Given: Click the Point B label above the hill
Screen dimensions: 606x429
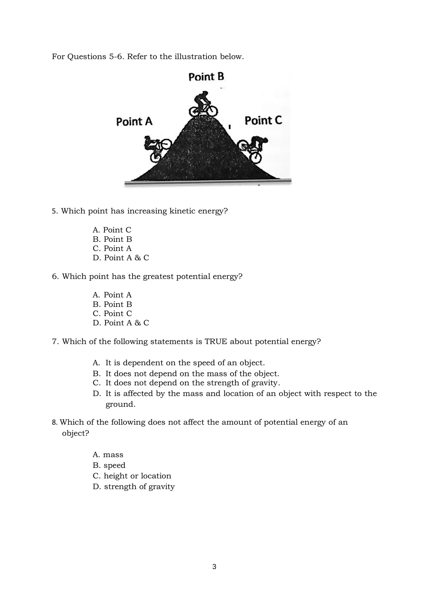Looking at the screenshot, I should coord(206,77).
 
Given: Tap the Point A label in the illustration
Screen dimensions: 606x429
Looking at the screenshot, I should coord(134,122).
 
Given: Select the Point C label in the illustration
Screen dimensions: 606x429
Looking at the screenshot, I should coord(263,121).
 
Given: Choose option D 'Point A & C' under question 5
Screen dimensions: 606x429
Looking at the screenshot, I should coord(121,258).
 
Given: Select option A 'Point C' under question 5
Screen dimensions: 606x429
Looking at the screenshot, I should coord(112,230).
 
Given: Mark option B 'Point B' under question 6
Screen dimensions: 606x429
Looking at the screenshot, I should coord(112,304).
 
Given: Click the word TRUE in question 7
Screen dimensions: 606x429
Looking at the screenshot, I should coord(216,342).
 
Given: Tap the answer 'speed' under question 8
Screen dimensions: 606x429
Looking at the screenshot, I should coord(114,465).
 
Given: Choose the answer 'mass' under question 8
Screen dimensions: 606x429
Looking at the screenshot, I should coord(113,455).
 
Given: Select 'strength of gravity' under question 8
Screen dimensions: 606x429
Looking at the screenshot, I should coord(139,487).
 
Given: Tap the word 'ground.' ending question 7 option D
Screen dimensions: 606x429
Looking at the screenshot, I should coord(121,404).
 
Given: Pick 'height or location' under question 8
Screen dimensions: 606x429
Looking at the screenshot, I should coord(137,476).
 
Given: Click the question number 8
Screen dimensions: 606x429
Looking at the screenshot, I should coord(55,423).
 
